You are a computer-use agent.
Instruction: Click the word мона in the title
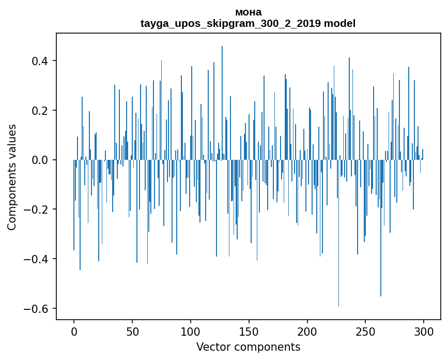pyautogui.click(x=248, y=12)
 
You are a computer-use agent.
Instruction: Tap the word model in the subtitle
pyautogui.click(x=339, y=23)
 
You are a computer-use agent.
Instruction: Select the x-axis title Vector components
pyautogui.click(x=248, y=347)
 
